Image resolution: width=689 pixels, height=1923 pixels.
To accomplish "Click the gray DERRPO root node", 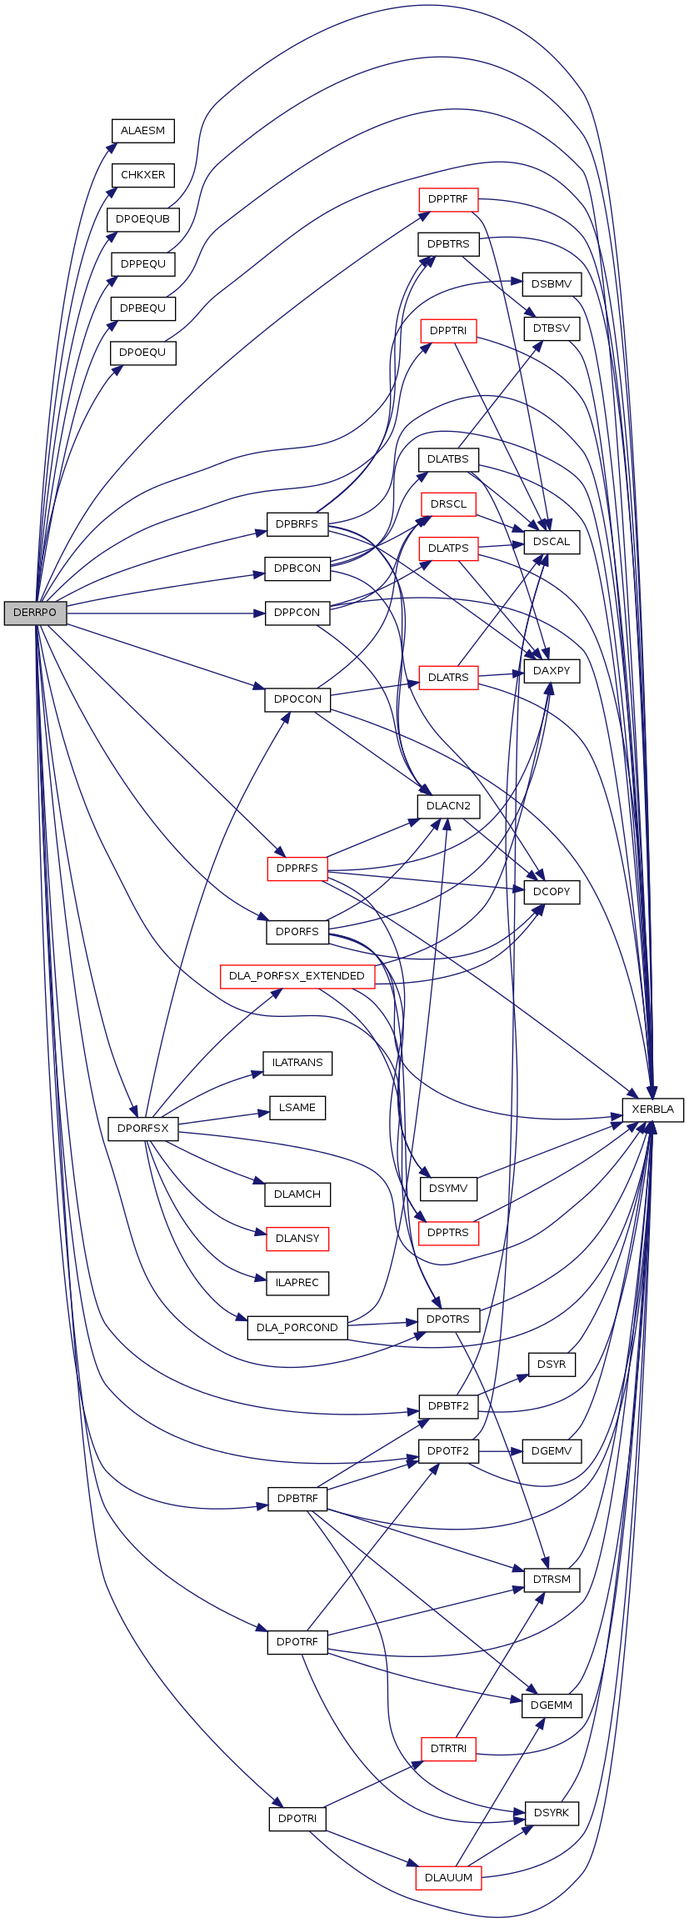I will tap(35, 613).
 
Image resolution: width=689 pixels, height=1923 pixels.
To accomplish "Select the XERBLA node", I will tap(652, 1109).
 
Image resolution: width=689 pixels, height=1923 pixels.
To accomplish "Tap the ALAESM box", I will tap(142, 131).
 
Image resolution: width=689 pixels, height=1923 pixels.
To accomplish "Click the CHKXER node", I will tap(142, 175).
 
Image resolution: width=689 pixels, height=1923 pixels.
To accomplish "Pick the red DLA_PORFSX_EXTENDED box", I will tap(297, 976).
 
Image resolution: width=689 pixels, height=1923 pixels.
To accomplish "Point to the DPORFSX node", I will tap(142, 1129).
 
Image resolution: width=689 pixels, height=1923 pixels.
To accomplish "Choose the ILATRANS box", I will tap(297, 1063).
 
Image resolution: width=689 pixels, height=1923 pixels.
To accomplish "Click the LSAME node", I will tap(297, 1107).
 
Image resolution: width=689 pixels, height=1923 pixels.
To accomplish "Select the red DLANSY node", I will tap(297, 1239).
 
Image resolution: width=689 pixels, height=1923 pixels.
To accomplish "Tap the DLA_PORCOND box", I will tap(297, 1328).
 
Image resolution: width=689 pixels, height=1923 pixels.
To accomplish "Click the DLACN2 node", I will tap(448, 806).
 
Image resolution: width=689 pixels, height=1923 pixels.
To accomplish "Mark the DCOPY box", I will tap(551, 892).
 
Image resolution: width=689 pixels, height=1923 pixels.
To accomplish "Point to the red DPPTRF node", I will tap(448, 200).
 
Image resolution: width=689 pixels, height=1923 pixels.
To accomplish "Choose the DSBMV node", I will tap(551, 284).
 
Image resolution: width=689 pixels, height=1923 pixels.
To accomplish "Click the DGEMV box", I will tap(551, 1451).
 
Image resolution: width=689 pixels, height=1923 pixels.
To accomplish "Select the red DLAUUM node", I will tap(448, 1877).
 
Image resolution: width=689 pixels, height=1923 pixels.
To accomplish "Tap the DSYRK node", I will tap(551, 1813).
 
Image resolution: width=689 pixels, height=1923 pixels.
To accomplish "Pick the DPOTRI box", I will tap(297, 1819).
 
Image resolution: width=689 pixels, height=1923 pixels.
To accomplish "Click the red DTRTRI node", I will tap(448, 1749).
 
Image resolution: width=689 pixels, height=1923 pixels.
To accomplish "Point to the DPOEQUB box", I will tap(142, 219).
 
